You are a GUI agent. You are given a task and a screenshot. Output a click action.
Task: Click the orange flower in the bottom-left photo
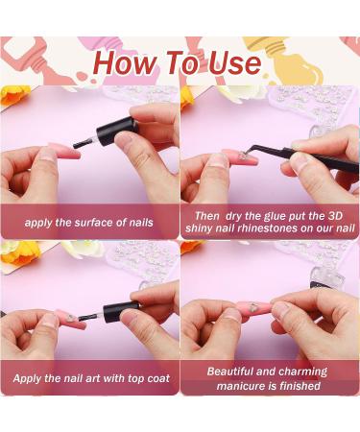pyautogui.click(x=10, y=252)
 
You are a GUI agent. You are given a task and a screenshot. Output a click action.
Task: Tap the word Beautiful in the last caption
pyautogui.click(x=235, y=371)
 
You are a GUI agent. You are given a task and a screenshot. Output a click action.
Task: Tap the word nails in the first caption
pyautogui.click(x=140, y=222)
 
